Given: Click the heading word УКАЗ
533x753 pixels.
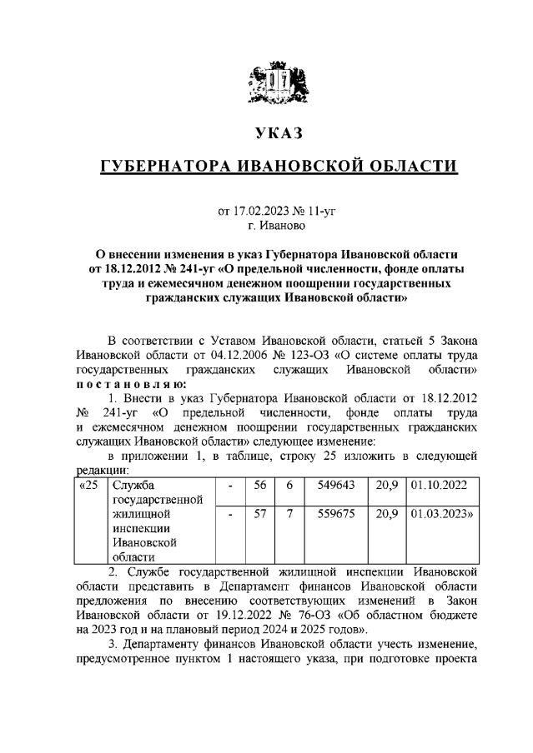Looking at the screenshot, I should point(267,134).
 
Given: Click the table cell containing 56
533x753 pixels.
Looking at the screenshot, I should point(259,485).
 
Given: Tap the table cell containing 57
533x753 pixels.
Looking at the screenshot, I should point(259,515).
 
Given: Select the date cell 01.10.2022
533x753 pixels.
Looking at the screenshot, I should point(439,485).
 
